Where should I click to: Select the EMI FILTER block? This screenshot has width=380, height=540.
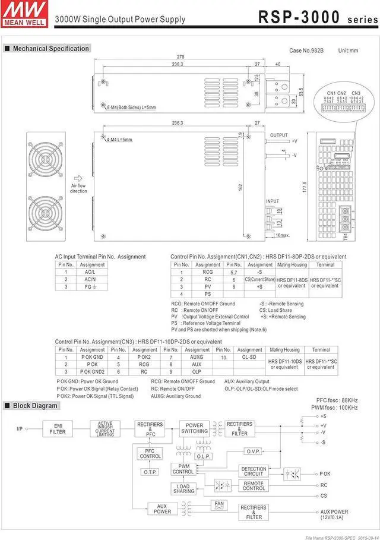58,429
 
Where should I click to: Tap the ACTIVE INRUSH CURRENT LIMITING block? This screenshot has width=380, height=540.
105,429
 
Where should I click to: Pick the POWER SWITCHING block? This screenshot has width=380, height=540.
194,429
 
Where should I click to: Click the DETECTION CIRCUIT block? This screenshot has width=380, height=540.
254,472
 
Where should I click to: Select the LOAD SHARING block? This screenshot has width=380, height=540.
183,489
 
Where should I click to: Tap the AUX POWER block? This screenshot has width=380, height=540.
162,509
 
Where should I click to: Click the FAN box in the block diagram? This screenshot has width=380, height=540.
219,504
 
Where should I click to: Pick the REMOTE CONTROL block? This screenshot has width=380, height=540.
254,486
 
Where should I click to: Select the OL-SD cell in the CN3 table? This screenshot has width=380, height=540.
249,358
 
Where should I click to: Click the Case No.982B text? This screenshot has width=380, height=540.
306,51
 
